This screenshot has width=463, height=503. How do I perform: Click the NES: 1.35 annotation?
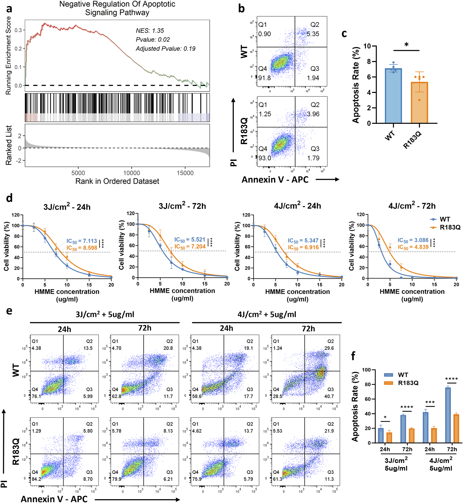click(x=150, y=31)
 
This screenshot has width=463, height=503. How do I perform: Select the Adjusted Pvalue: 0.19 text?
click(x=165, y=49)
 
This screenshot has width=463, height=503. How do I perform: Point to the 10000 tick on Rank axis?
click(x=131, y=173)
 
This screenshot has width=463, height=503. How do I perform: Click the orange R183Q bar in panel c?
click(x=419, y=102)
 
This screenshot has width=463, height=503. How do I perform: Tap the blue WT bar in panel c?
click(x=393, y=96)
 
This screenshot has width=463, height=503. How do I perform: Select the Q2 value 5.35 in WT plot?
click(x=313, y=34)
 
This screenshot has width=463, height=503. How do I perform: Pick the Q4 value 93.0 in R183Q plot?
click(x=265, y=158)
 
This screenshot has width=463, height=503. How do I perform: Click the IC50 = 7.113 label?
click(x=82, y=241)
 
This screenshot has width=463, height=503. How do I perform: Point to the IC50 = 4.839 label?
click(x=413, y=247)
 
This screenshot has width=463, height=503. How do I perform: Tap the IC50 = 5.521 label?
click(x=190, y=240)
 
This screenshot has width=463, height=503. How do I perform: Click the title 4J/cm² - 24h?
click(x=297, y=206)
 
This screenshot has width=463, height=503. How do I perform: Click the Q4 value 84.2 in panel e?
click(x=36, y=479)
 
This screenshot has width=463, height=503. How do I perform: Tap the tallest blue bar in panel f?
click(x=448, y=415)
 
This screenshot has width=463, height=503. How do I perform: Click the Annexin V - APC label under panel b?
click(x=275, y=180)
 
